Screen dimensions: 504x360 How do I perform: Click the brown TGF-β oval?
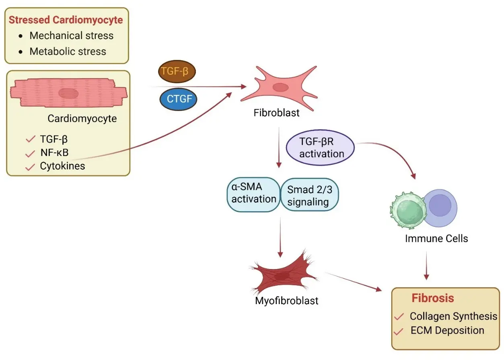(177, 71)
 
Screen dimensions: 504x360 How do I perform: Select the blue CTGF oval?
(178, 99)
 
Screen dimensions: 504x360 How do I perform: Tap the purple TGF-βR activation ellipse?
(320, 148)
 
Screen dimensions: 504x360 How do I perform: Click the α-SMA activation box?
(253, 195)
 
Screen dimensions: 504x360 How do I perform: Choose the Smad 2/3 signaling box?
(310, 195)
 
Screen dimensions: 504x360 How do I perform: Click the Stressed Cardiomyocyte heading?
(66, 20)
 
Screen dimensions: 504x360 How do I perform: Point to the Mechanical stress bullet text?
(71, 35)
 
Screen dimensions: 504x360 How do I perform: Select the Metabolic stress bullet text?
(68, 51)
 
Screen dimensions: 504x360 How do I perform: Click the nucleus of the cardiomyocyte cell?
(68, 93)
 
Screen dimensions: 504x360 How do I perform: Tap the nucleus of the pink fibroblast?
(281, 87)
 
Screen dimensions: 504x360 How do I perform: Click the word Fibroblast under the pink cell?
(276, 113)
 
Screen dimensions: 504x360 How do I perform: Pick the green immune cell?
(408, 210)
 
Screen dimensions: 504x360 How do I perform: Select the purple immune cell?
(440, 208)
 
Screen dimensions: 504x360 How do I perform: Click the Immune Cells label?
(436, 239)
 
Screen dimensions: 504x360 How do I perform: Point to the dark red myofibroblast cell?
(284, 273)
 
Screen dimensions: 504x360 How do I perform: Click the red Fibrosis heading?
(433, 298)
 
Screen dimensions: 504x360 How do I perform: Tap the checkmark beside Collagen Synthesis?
(399, 317)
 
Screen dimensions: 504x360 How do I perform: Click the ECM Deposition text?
(447, 331)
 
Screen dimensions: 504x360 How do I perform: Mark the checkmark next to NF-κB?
(30, 154)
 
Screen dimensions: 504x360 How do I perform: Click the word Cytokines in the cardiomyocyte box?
(63, 166)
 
